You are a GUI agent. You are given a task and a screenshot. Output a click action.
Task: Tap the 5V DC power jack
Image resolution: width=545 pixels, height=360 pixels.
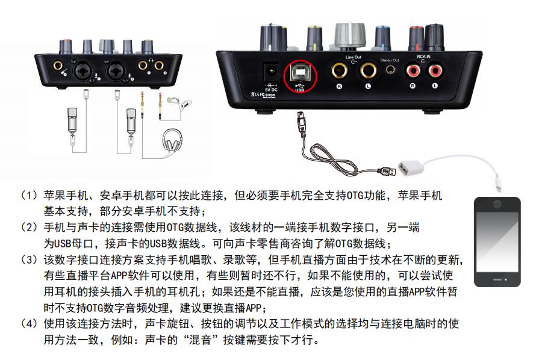(270, 72)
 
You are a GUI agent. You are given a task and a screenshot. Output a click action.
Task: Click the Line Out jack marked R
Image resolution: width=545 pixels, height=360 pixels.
(338, 72)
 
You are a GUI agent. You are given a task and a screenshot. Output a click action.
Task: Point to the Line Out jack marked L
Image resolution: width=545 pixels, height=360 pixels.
(367, 72)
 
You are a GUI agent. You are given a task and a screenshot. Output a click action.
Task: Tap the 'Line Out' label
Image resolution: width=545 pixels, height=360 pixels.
(353, 57)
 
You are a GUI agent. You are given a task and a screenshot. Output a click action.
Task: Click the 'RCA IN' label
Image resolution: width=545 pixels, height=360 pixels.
(424, 57)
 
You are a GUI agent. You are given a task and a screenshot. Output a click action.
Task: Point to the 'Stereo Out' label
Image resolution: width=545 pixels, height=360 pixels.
(390, 60)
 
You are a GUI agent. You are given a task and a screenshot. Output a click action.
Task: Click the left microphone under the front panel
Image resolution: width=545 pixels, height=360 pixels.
(73, 120)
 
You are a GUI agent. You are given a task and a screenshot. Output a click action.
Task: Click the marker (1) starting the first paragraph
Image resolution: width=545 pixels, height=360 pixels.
(30, 196)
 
